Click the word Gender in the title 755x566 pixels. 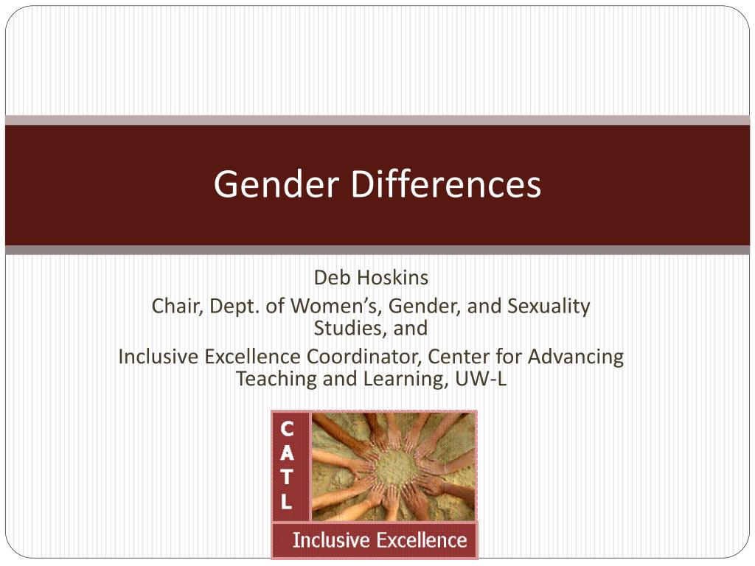pos(278,185)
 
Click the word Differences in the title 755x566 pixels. pos(446,185)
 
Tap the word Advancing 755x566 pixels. pos(577,357)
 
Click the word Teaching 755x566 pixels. pos(268,379)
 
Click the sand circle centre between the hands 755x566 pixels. pos(397,466)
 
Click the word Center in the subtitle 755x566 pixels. pos(453,357)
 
